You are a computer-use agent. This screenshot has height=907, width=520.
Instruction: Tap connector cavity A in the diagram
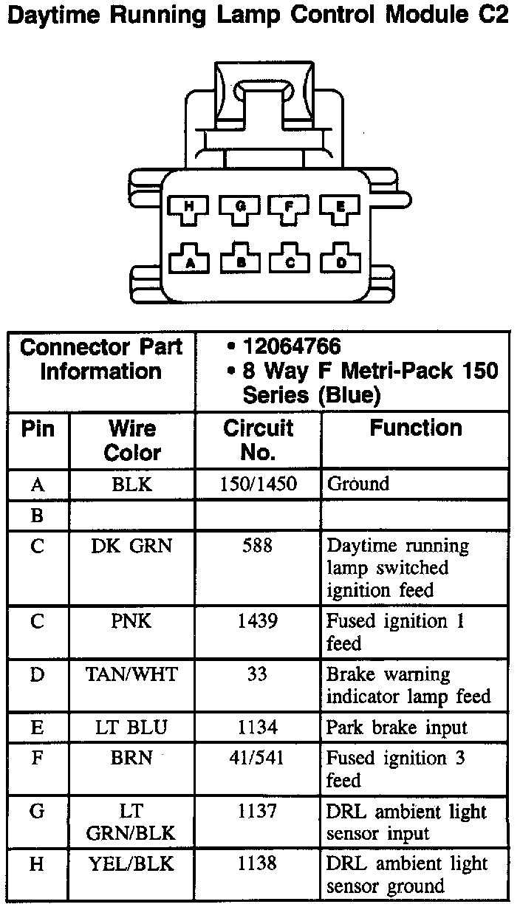point(190,259)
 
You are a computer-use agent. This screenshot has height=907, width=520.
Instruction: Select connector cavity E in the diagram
point(340,209)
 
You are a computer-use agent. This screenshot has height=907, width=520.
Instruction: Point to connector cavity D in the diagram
point(340,259)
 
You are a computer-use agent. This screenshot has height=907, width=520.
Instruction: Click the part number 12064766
point(292,346)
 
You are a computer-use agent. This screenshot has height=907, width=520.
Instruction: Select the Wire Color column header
point(132,440)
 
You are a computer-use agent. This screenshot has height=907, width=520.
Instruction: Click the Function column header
point(416,428)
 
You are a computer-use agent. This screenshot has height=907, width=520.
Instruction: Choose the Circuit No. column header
point(258,440)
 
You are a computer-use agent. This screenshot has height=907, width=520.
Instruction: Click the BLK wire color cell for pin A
point(132,485)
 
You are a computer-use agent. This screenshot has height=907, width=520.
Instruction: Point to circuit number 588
point(257,547)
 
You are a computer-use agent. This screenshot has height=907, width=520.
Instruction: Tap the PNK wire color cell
point(132,621)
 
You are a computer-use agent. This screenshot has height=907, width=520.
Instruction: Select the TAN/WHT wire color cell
point(132,674)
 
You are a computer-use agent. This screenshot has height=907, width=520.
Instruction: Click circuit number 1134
point(257,728)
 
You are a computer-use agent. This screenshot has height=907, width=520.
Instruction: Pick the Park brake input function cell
point(397,728)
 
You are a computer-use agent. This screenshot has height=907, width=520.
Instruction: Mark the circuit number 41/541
point(257,759)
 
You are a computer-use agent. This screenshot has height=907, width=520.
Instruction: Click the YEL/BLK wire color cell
point(132,863)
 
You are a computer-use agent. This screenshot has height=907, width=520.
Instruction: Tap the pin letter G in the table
point(37,812)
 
